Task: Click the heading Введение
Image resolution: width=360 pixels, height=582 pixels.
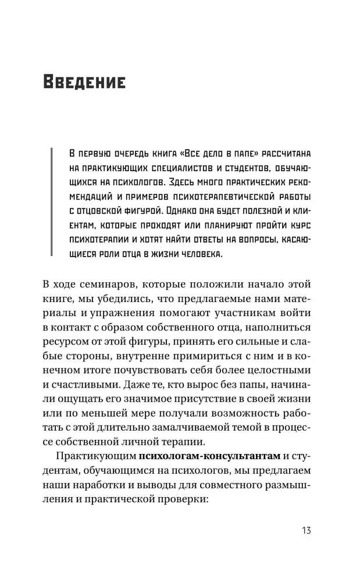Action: pyautogui.click(x=84, y=82)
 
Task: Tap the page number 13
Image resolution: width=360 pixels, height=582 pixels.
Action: pyautogui.click(x=306, y=531)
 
